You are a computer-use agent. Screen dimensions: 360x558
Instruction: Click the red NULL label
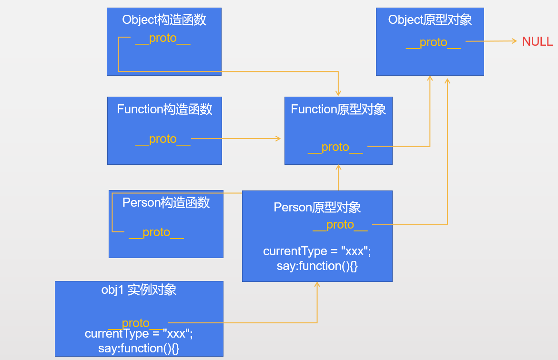point(537,41)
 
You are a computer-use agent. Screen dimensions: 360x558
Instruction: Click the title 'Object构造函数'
point(164,20)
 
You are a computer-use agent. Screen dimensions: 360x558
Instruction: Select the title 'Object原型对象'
point(430,20)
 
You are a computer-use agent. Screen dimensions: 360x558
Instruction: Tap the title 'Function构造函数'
point(164,109)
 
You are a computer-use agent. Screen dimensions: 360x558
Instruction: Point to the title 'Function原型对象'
point(338,109)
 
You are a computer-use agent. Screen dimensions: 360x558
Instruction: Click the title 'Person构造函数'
point(166,202)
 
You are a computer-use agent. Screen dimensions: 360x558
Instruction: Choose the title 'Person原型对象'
point(317,207)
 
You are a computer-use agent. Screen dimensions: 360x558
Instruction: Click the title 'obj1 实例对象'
point(139,290)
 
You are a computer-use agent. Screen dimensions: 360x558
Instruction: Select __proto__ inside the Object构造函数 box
point(162,39)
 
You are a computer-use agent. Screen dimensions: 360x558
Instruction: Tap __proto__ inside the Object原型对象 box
point(433,42)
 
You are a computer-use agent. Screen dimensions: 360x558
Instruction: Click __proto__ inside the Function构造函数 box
point(162,139)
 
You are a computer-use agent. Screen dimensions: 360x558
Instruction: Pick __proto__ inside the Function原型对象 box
point(335,147)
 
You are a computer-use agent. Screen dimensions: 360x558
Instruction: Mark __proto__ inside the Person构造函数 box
point(156,232)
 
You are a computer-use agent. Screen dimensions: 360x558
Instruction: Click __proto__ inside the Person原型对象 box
point(340,225)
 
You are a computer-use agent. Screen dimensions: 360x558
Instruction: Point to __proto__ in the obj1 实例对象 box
point(136,323)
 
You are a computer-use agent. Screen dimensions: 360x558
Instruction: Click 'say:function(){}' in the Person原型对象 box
point(317,266)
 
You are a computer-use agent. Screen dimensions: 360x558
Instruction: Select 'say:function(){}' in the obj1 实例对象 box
point(139,348)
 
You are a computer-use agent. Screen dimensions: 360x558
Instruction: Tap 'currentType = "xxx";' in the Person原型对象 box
point(317,251)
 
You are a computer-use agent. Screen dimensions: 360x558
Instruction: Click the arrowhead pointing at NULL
point(514,41)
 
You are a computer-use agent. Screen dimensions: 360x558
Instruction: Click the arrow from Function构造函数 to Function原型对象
point(236,139)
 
